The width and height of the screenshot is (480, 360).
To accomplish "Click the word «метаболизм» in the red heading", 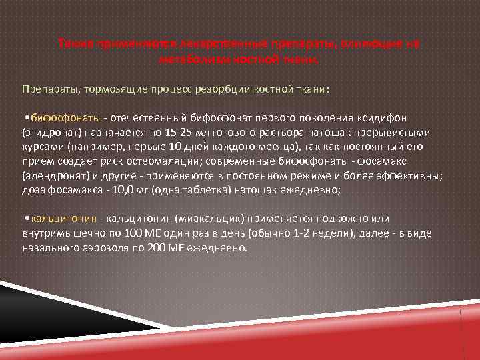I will [x=188, y=59].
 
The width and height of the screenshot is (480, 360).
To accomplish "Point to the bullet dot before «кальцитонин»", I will [x=25, y=218].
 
